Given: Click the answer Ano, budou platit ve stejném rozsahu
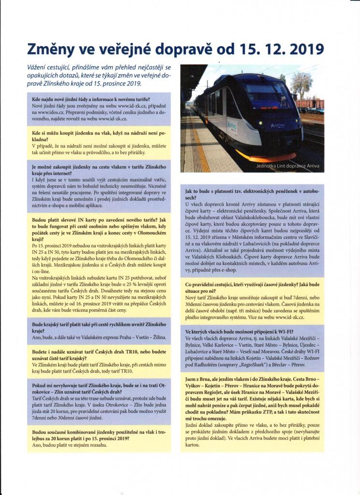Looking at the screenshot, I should click(x=70, y=445).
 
